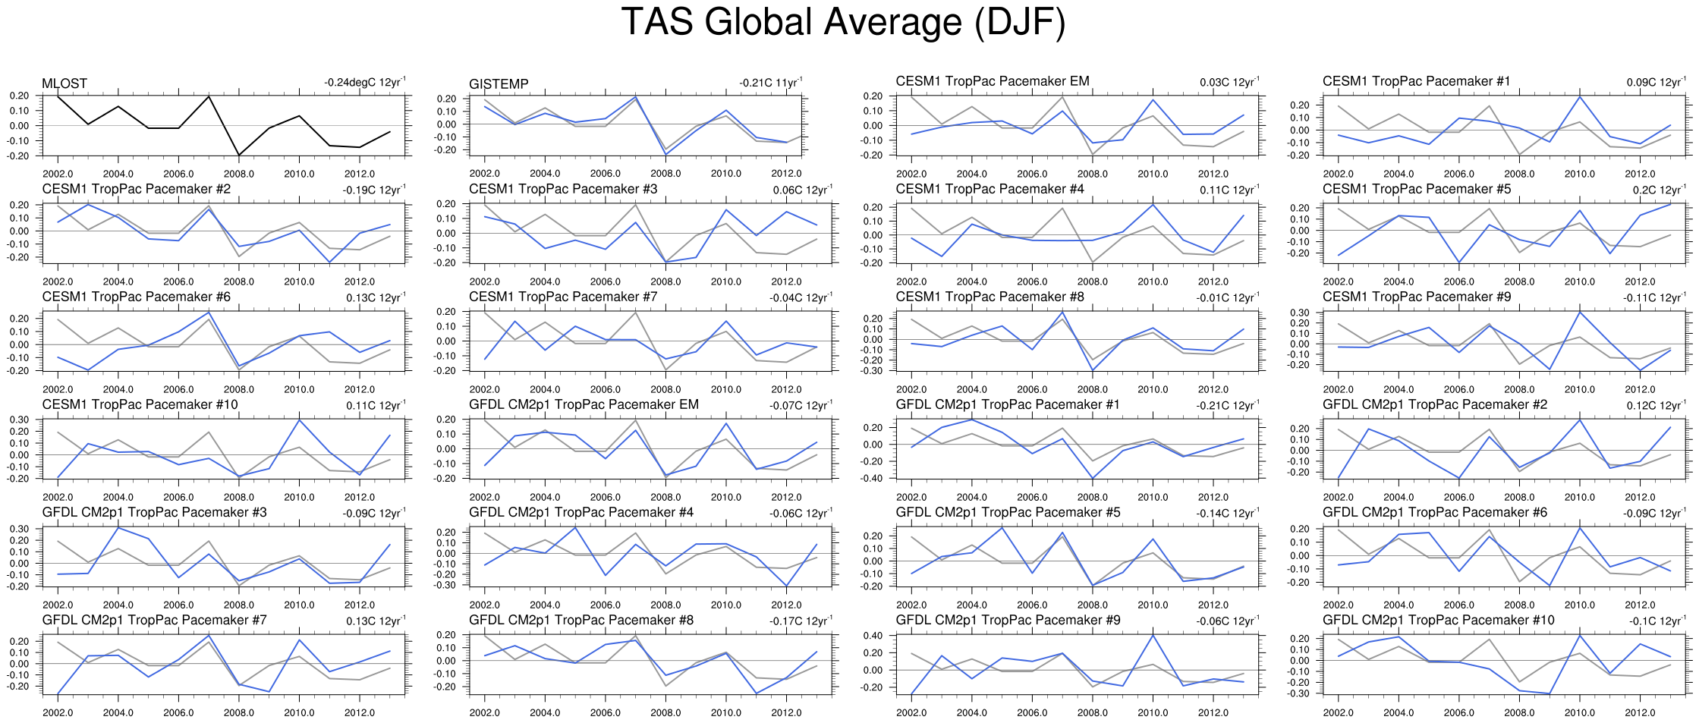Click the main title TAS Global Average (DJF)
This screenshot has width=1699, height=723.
843,23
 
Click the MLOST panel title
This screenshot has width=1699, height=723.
64,83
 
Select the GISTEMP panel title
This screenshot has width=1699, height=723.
499,83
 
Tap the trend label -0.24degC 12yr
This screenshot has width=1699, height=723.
364,83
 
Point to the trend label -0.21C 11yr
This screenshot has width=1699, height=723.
770,83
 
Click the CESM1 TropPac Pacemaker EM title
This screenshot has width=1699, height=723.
992,81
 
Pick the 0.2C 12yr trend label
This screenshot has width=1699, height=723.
1659,190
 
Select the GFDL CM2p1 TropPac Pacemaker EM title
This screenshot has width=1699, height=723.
584,404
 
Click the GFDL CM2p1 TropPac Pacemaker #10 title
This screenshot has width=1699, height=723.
1438,620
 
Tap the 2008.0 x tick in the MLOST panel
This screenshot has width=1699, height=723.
239,174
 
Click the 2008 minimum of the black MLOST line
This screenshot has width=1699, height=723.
239,156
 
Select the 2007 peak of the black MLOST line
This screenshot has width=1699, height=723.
209,96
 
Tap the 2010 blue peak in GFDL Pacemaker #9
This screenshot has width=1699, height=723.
1153,635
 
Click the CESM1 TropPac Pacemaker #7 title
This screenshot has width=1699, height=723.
563,297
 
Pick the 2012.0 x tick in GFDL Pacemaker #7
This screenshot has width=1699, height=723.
360,712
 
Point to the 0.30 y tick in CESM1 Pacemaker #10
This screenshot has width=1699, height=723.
20,420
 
